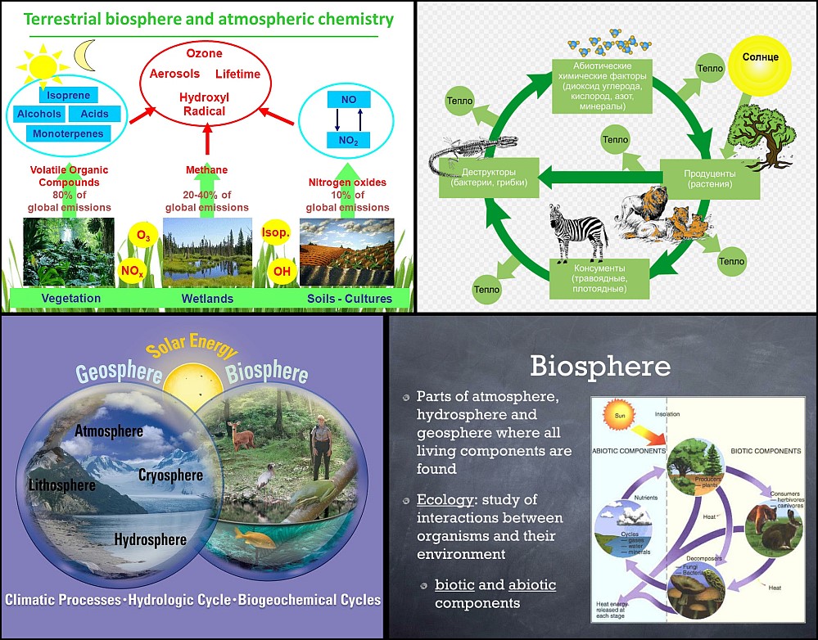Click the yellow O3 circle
[143, 237]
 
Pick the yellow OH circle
[282, 271]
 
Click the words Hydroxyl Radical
[205, 104]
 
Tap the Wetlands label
[207, 299]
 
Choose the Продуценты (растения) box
[710, 179]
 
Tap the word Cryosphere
[169, 475]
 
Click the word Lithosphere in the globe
[61, 485]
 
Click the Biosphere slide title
[599, 365]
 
